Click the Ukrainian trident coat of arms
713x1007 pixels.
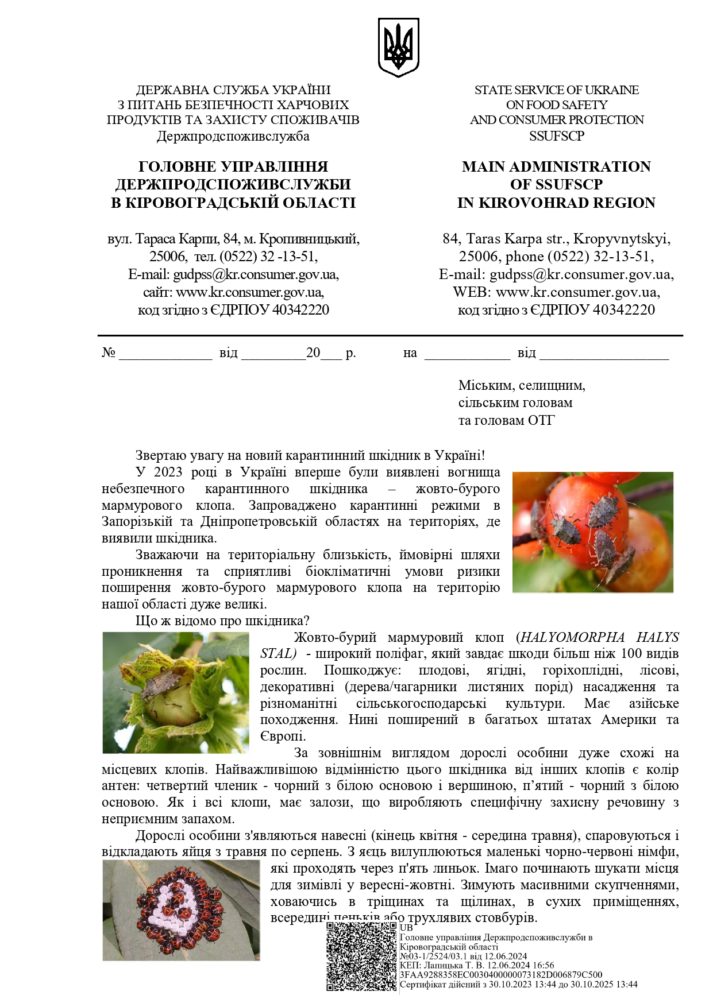pyautogui.click(x=398, y=47)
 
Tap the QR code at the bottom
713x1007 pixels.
pyautogui.click(x=361, y=956)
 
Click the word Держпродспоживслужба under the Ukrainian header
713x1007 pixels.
pyautogui.click(x=233, y=137)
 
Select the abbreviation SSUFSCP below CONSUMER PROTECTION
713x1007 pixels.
pyautogui.click(x=556, y=137)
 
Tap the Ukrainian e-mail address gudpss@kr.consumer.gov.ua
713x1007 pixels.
pyautogui.click(x=256, y=274)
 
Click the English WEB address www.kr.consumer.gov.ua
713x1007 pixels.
pyautogui.click(x=577, y=292)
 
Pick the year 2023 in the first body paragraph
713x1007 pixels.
pyautogui.click(x=167, y=472)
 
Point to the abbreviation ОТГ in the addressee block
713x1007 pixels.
pyautogui.click(x=542, y=421)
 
